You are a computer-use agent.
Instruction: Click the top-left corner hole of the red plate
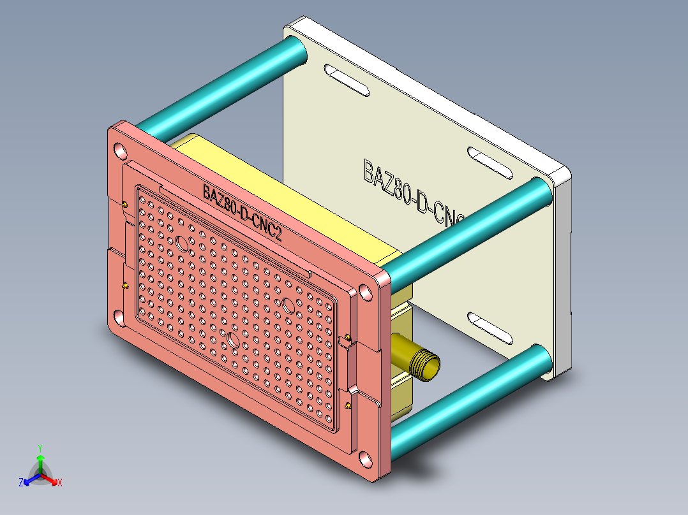pyautogui.click(x=120, y=151)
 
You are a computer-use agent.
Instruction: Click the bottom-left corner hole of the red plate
pyautogui.click(x=119, y=316)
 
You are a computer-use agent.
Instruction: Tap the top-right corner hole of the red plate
pyautogui.click(x=365, y=292)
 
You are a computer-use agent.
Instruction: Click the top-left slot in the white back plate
pyautogui.click(x=346, y=80)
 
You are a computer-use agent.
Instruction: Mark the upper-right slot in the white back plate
pyautogui.click(x=491, y=163)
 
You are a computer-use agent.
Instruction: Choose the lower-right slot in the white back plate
pyautogui.click(x=491, y=327)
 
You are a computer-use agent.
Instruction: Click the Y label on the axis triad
pyautogui.click(x=40, y=447)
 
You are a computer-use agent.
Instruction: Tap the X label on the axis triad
pyautogui.click(x=59, y=483)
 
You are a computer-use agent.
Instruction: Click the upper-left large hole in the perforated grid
pyautogui.click(x=182, y=243)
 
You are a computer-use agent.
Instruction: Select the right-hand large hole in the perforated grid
pyautogui.click(x=288, y=305)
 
